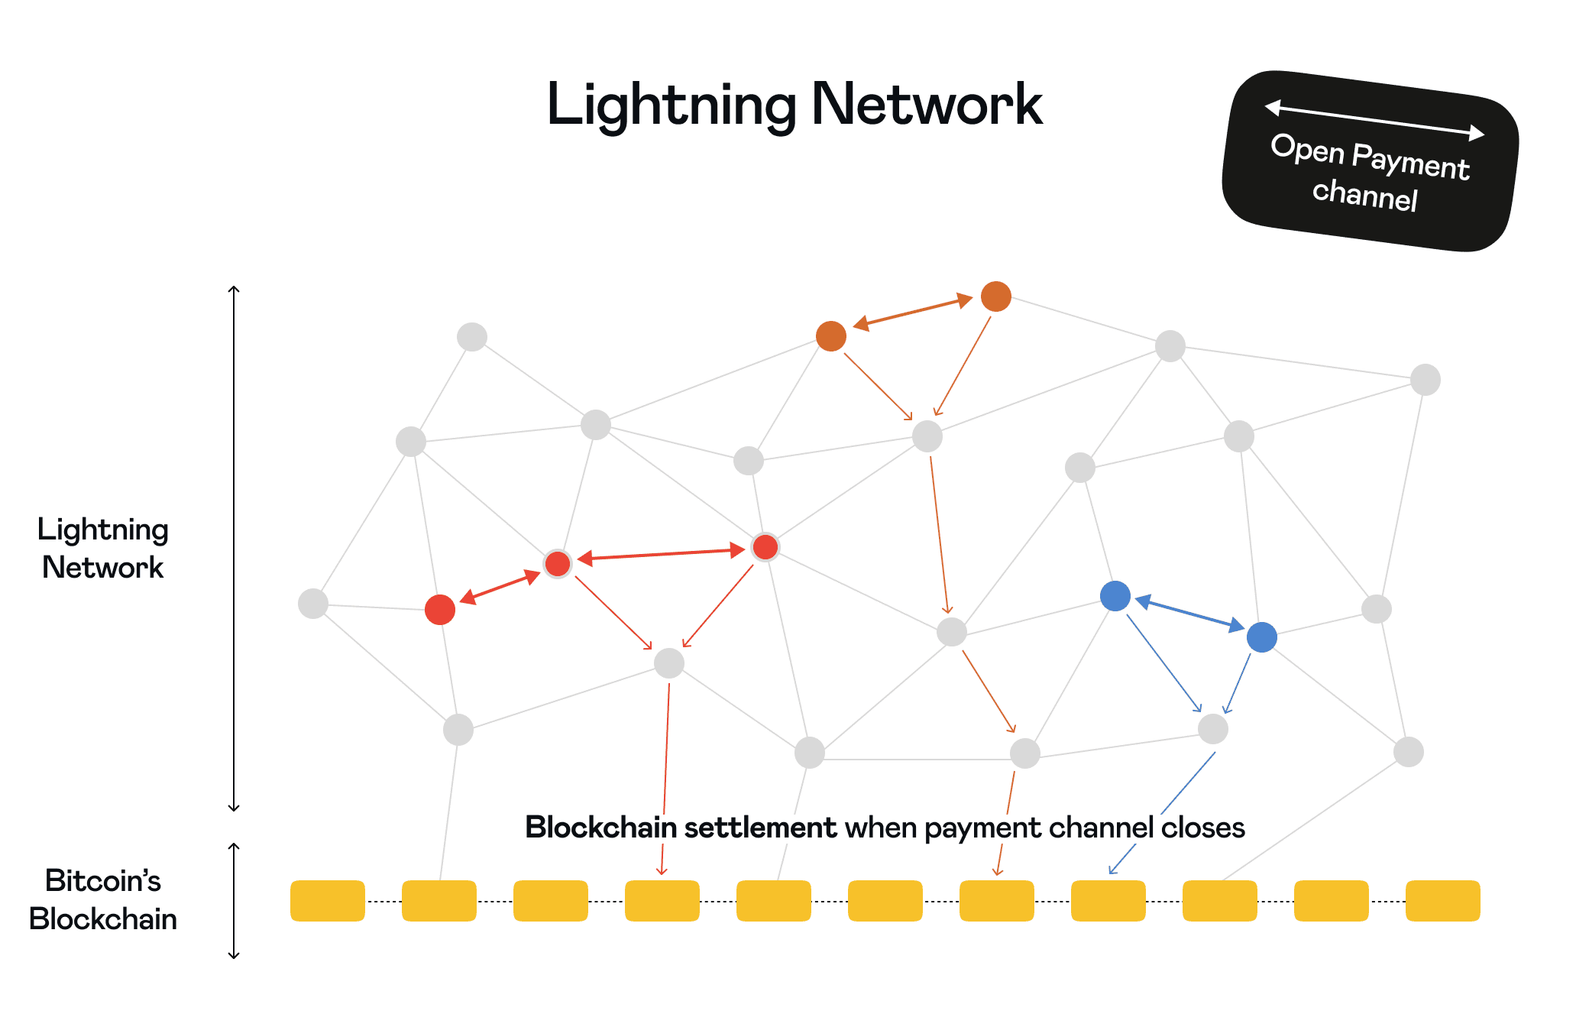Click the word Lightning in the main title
pos(671,105)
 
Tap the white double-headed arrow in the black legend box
pos(1374,121)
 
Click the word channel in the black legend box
pos(1364,194)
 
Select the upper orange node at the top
pos(995,296)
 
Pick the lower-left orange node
pos(830,336)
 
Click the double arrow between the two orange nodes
pos(913,312)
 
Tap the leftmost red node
pos(439,609)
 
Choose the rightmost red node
pos(765,547)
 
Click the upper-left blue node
pos(1115,596)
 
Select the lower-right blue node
pos(1261,637)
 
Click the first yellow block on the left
pos(327,900)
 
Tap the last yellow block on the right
pos(1442,900)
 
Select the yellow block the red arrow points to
pos(662,900)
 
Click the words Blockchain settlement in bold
pos(680,828)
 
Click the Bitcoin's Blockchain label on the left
pos(102,899)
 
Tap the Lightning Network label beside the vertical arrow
pos(102,548)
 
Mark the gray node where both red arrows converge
pos(668,663)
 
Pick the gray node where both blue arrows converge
pos(1212,729)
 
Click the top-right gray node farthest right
pos(1425,380)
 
